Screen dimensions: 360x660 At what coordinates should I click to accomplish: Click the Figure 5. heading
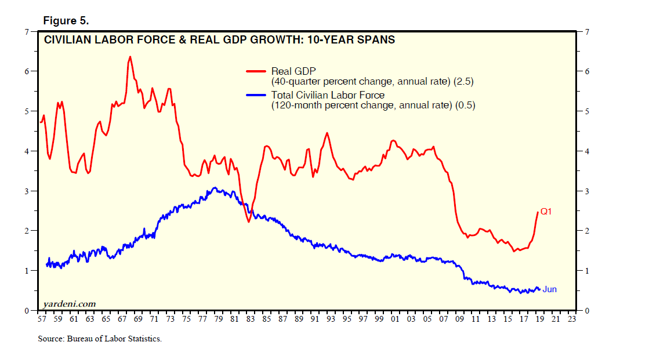point(66,21)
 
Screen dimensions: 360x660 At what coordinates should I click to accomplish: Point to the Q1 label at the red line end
point(546,212)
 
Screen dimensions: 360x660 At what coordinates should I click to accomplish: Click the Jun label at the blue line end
point(550,289)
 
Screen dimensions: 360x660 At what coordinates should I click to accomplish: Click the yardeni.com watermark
point(69,304)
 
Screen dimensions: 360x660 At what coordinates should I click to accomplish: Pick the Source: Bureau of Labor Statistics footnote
point(99,339)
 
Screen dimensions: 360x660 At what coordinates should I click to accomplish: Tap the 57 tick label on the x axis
point(41,319)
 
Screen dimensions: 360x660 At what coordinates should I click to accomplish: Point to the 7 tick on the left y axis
point(26,31)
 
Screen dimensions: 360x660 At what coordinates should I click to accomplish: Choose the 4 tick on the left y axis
point(26,151)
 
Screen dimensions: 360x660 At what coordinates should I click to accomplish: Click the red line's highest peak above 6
point(129,57)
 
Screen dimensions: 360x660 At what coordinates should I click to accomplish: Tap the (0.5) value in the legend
point(465,106)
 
